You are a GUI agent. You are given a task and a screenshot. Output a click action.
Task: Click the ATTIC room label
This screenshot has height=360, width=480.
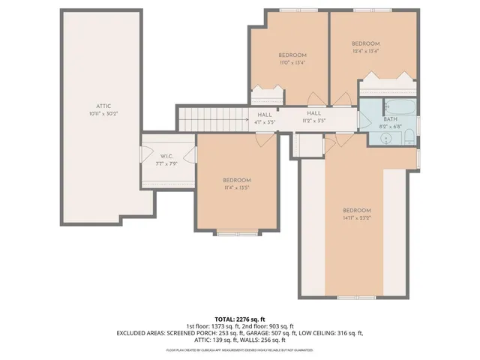tap(103, 106)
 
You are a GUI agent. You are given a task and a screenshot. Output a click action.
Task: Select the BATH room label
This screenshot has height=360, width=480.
tap(390, 118)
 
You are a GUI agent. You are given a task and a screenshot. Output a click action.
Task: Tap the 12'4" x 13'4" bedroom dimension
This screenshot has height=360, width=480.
tap(366, 51)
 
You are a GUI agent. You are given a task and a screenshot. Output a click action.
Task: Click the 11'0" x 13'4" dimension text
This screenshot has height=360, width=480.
tap(292, 62)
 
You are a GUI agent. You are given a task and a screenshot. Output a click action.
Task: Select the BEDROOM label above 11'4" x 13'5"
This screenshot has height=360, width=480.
tap(236, 180)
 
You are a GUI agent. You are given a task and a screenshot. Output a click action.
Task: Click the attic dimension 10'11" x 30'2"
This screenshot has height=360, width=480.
tap(103, 113)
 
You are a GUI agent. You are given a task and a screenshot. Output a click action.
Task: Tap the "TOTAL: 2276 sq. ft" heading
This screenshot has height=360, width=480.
tap(240, 319)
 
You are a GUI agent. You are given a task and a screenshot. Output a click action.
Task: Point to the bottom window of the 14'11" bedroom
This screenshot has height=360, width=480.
tap(357, 298)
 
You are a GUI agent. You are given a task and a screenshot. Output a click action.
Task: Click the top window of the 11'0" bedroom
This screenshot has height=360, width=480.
tap(292, 10)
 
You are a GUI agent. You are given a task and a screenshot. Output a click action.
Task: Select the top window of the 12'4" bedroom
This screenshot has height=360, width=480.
tap(366, 10)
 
